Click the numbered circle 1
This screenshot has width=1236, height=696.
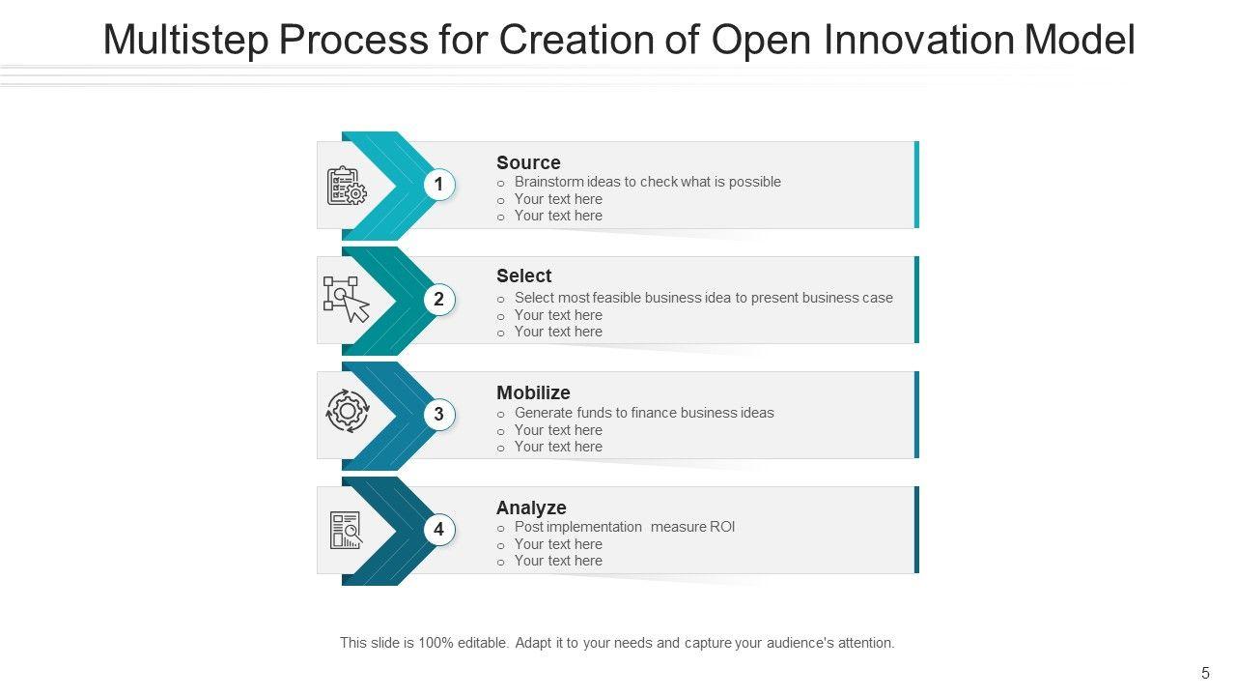[x=439, y=185]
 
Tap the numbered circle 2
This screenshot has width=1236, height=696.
[x=439, y=300]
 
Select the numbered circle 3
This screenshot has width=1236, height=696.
[x=439, y=415]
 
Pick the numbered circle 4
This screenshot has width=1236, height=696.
[x=439, y=530]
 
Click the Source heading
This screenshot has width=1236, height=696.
[x=528, y=162]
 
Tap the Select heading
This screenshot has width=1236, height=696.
[x=523, y=275]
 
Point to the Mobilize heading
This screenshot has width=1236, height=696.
[x=533, y=392]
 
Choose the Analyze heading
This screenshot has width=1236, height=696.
[x=531, y=507]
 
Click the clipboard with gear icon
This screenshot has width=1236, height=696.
[x=346, y=186]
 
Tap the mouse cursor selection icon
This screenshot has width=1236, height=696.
[x=346, y=300]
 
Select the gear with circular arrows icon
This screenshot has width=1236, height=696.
[x=348, y=411]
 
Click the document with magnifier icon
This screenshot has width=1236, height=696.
[x=346, y=530]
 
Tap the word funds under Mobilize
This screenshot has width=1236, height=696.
[x=595, y=413]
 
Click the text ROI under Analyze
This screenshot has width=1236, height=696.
[x=722, y=527]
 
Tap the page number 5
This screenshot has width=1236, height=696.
[x=1205, y=673]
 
